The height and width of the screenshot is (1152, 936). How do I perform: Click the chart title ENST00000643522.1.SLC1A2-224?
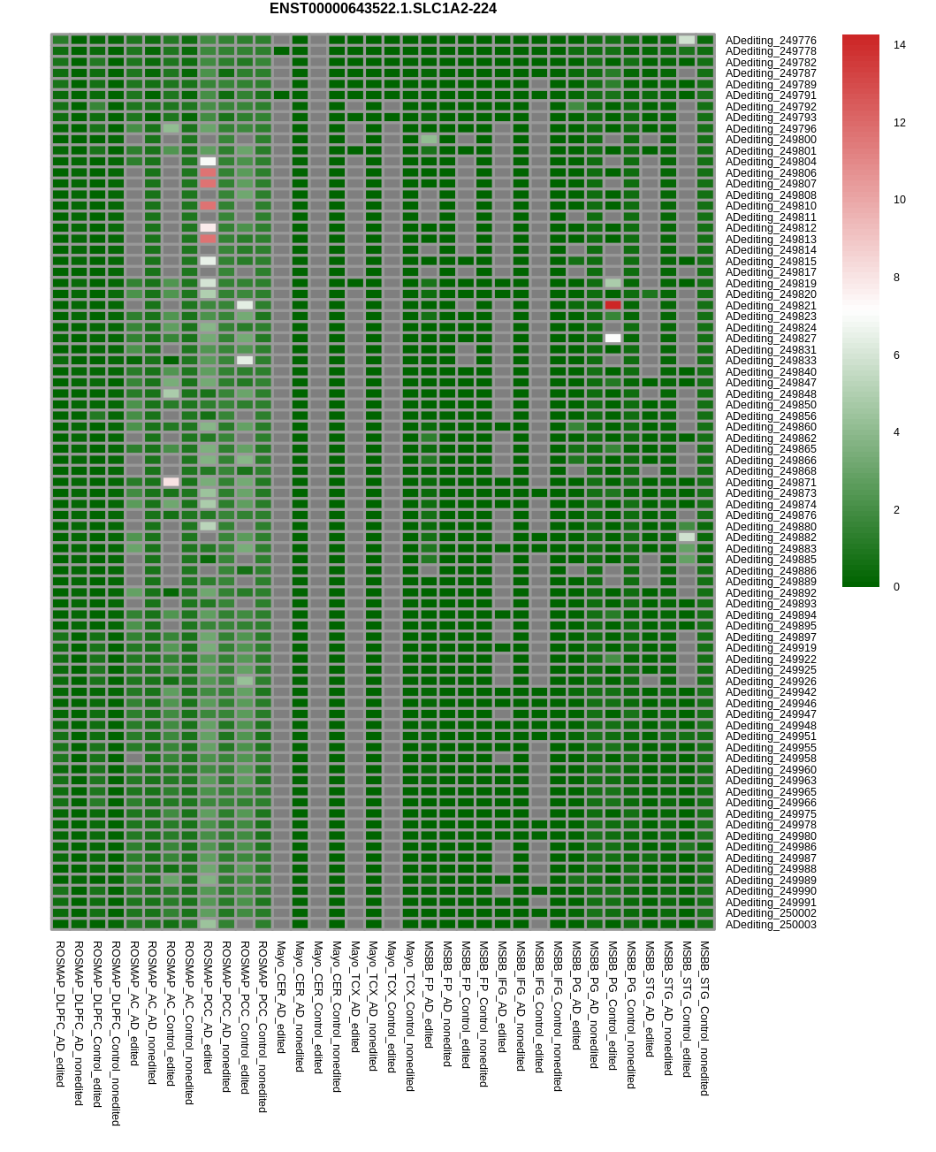[x=383, y=9]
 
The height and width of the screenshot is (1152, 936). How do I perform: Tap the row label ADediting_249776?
[x=771, y=41]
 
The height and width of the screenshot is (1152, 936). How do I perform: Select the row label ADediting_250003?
[x=771, y=925]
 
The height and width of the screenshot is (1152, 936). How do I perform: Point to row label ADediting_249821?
[x=771, y=306]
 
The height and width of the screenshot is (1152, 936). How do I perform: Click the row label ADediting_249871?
[x=771, y=483]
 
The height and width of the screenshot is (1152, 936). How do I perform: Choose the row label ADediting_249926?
[x=771, y=682]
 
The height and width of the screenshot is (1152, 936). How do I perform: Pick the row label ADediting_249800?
[x=771, y=140]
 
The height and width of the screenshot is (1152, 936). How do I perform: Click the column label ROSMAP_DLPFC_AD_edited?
[x=60, y=1013]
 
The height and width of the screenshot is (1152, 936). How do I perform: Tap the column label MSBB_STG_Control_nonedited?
[x=704, y=1018]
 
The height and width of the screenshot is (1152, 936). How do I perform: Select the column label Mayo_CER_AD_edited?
[x=281, y=996]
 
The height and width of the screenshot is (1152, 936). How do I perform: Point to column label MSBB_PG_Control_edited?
[x=613, y=1005]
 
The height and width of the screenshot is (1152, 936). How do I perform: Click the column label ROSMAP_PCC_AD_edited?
[x=208, y=1007]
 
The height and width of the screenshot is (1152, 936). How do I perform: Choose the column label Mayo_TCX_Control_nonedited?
[x=410, y=1016]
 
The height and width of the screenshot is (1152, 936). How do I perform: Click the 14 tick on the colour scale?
[x=900, y=45]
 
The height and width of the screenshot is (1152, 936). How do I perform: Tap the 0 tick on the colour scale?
[x=896, y=587]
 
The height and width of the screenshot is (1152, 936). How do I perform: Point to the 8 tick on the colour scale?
[x=896, y=278]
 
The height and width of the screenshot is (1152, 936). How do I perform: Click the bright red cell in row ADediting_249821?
[x=613, y=305]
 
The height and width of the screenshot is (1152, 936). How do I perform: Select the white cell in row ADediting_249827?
[x=613, y=339]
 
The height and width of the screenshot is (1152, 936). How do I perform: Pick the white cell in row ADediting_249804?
[x=208, y=162]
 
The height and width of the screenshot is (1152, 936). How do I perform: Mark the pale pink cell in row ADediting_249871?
[x=171, y=482]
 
